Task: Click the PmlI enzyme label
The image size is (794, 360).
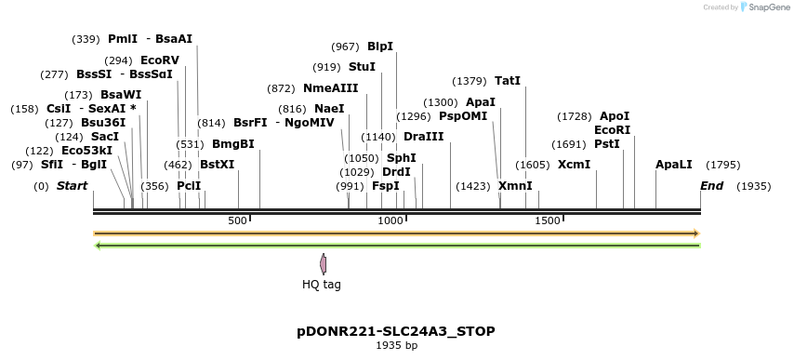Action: (x=123, y=39)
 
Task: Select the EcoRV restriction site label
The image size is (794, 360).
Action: (x=159, y=60)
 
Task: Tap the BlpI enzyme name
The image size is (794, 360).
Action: (x=380, y=47)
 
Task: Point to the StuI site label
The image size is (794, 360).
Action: (x=362, y=67)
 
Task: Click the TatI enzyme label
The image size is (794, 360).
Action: (x=508, y=81)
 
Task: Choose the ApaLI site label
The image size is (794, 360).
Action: (x=674, y=165)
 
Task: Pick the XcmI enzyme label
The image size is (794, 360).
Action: (x=574, y=165)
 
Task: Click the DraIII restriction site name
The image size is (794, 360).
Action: (x=424, y=137)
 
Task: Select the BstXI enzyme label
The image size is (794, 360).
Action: (x=218, y=165)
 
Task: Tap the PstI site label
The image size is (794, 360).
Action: (x=606, y=144)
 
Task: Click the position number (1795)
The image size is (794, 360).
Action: (x=722, y=165)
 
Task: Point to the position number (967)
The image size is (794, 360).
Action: (x=345, y=47)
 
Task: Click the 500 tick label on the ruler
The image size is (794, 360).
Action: (x=237, y=220)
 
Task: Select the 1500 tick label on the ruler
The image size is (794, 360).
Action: (x=548, y=220)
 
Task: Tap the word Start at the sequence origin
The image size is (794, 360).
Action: (x=73, y=186)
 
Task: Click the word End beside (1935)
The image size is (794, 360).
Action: (x=711, y=186)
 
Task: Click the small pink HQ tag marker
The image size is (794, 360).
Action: (x=323, y=264)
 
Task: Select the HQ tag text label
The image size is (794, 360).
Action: (x=322, y=285)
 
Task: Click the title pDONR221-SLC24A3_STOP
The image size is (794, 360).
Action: (x=396, y=331)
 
